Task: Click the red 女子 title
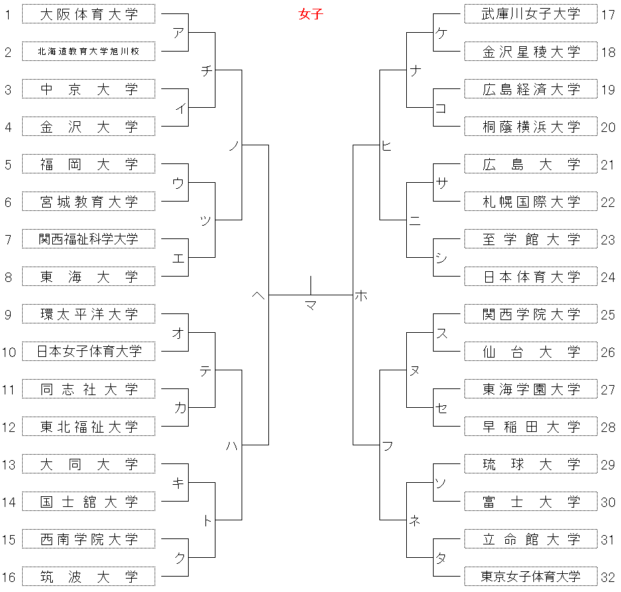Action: [310, 14]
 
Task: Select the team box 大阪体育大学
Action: [89, 14]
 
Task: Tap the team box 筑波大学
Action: [89, 577]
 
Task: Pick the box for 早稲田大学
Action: [531, 427]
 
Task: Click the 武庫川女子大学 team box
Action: [531, 14]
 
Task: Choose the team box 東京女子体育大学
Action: [531, 577]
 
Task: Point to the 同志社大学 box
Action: [89, 389]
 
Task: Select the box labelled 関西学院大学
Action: [531, 314]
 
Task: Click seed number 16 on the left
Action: [9, 577]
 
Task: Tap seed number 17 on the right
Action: [608, 15]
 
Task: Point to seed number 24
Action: [608, 277]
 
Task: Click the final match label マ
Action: [311, 305]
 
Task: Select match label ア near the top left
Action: [179, 33]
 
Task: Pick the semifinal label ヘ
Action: [258, 295]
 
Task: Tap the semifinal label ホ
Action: [361, 295]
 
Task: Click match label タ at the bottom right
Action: [441, 559]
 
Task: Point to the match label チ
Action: [207, 71]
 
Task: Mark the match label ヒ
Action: [387, 146]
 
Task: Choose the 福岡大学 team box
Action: [89, 164]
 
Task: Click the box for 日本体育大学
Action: [531, 277]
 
